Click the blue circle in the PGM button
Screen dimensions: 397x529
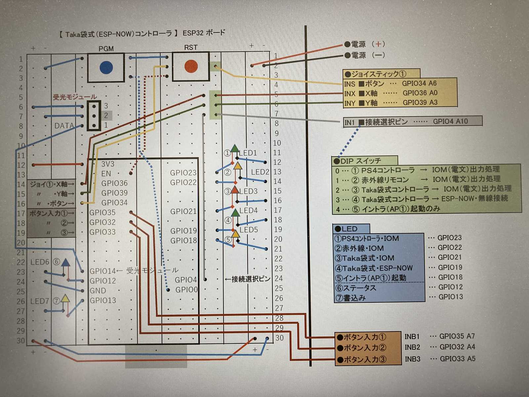pyautogui.click(x=106, y=67)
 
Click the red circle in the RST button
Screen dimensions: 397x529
pyautogui.click(x=191, y=66)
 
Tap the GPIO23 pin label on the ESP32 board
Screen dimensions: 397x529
pyautogui.click(x=183, y=173)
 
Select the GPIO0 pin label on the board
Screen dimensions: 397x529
pyautogui.click(x=186, y=290)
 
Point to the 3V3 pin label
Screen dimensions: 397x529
pyautogui.click(x=108, y=164)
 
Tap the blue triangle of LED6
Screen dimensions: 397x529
pyautogui.click(x=66, y=263)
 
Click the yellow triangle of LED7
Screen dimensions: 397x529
pyautogui.click(x=65, y=298)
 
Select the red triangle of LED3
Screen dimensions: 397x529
pyautogui.click(x=235, y=190)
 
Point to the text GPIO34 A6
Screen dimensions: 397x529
pyautogui.click(x=419, y=83)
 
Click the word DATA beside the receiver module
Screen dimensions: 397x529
pyautogui.click(x=64, y=126)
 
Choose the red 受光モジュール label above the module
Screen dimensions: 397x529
pyautogui.click(x=75, y=97)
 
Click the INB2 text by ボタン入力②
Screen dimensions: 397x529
pyautogui.click(x=412, y=347)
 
